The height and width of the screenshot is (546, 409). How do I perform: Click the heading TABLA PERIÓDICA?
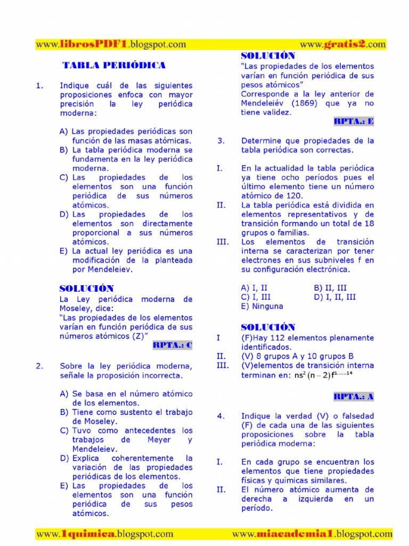coord(114,66)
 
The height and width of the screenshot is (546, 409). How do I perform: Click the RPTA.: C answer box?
coord(172,345)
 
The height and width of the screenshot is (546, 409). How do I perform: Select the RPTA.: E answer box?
coord(354,121)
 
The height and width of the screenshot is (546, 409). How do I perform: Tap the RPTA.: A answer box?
coord(354,396)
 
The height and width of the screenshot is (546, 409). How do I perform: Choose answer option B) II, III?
coord(330,288)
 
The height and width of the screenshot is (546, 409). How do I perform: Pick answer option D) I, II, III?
coord(334,297)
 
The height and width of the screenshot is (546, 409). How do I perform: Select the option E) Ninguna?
coord(262,306)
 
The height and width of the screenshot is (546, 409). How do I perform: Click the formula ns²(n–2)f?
coord(323,375)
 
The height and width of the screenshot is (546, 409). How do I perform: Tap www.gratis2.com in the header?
coord(343,45)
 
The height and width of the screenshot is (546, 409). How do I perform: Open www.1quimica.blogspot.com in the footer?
coord(104,533)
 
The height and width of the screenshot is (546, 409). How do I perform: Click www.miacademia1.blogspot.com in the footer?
coord(312,533)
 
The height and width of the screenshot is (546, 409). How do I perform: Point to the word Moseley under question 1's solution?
coord(75,308)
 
